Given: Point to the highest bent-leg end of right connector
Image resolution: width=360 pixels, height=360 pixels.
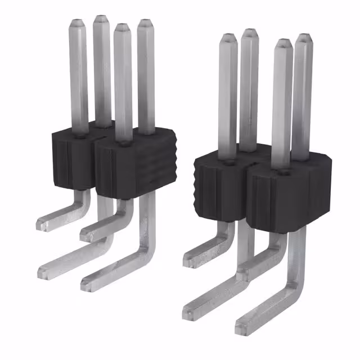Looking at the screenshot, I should pyautogui.click(x=189, y=260).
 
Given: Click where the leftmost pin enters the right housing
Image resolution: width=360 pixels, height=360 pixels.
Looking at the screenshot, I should pyautogui.click(x=228, y=161).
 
